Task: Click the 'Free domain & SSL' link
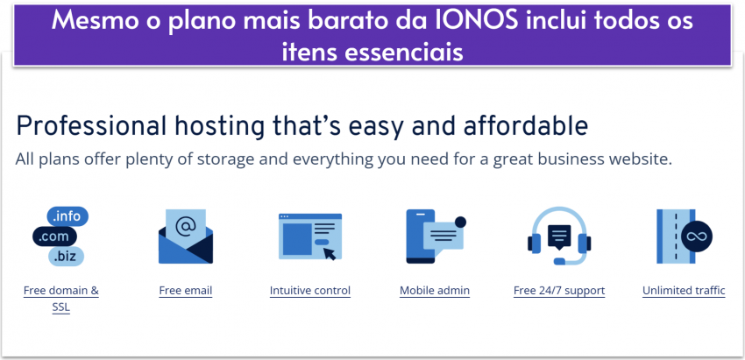pyautogui.click(x=60, y=291)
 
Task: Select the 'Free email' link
pyautogui.click(x=186, y=291)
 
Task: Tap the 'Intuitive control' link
pyautogui.click(x=310, y=291)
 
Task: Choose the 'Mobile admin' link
pyautogui.click(x=435, y=291)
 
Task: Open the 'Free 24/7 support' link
pyautogui.click(x=559, y=291)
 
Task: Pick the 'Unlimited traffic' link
pyautogui.click(x=684, y=291)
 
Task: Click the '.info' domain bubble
pyautogui.click(x=68, y=216)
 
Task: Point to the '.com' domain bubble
pyautogui.click(x=54, y=236)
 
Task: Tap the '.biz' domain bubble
pyautogui.click(x=66, y=256)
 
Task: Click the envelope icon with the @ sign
pyautogui.click(x=186, y=236)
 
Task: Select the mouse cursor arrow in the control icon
pyautogui.click(x=329, y=253)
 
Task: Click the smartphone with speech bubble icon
pyautogui.click(x=435, y=236)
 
